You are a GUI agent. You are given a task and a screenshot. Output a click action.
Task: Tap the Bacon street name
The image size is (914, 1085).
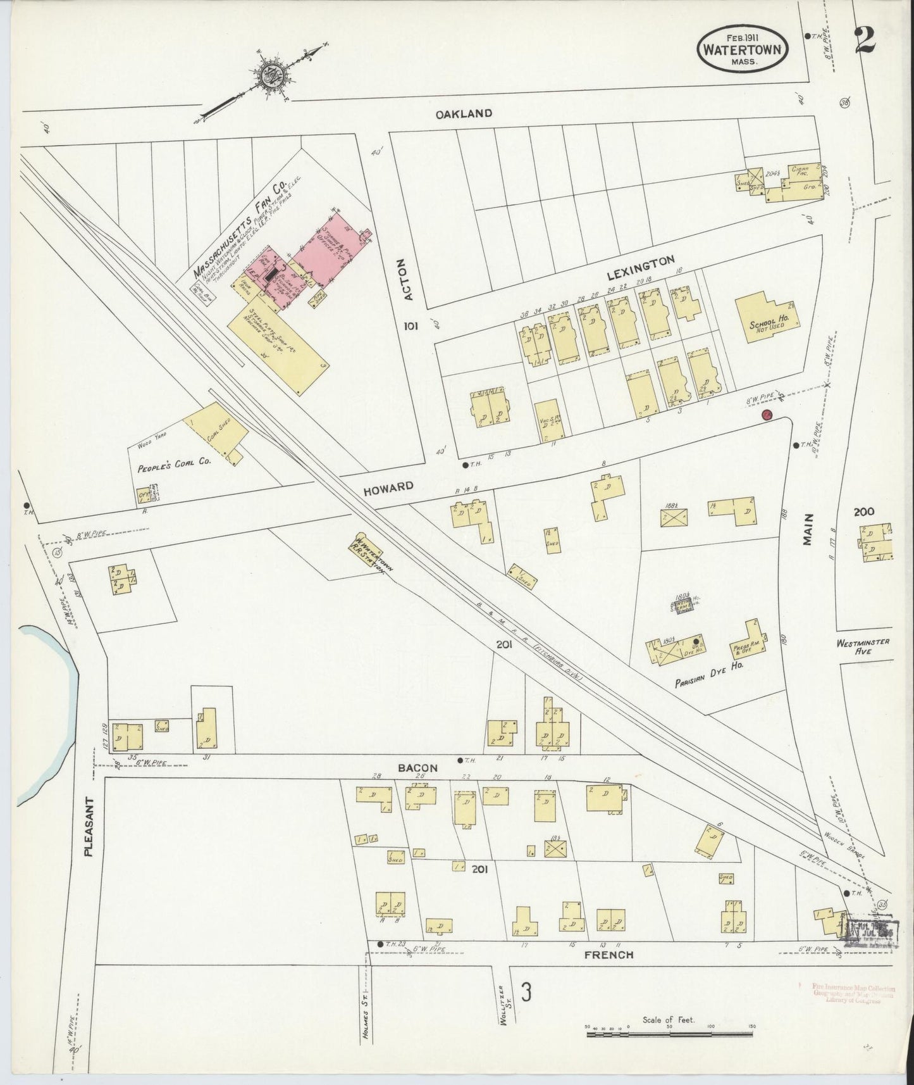(417, 768)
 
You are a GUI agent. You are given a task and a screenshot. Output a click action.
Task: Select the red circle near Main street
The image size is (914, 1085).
(765, 415)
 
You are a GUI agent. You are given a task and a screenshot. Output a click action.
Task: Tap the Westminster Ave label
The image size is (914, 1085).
(862, 646)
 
